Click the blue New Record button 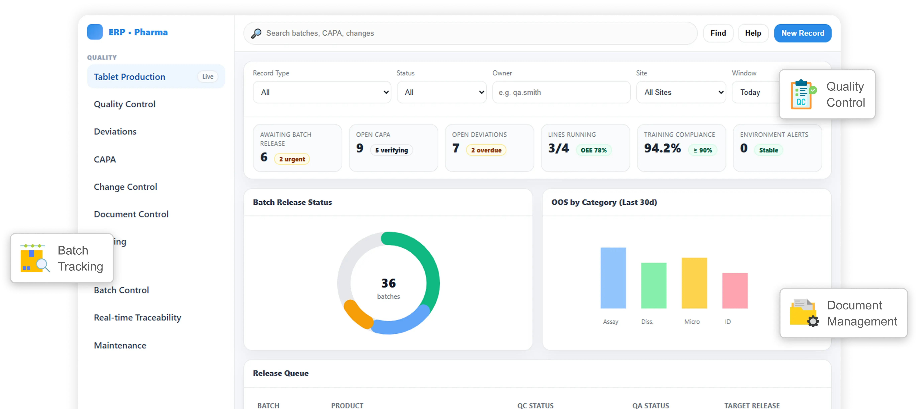point(802,33)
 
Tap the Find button point(718,33)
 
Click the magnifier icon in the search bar point(256,33)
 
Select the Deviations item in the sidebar point(115,132)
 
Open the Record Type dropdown point(322,92)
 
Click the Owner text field point(561,92)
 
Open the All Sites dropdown point(681,92)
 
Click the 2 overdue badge point(486,150)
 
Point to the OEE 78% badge point(593,150)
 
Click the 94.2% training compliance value point(662,148)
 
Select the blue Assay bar point(613,278)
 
